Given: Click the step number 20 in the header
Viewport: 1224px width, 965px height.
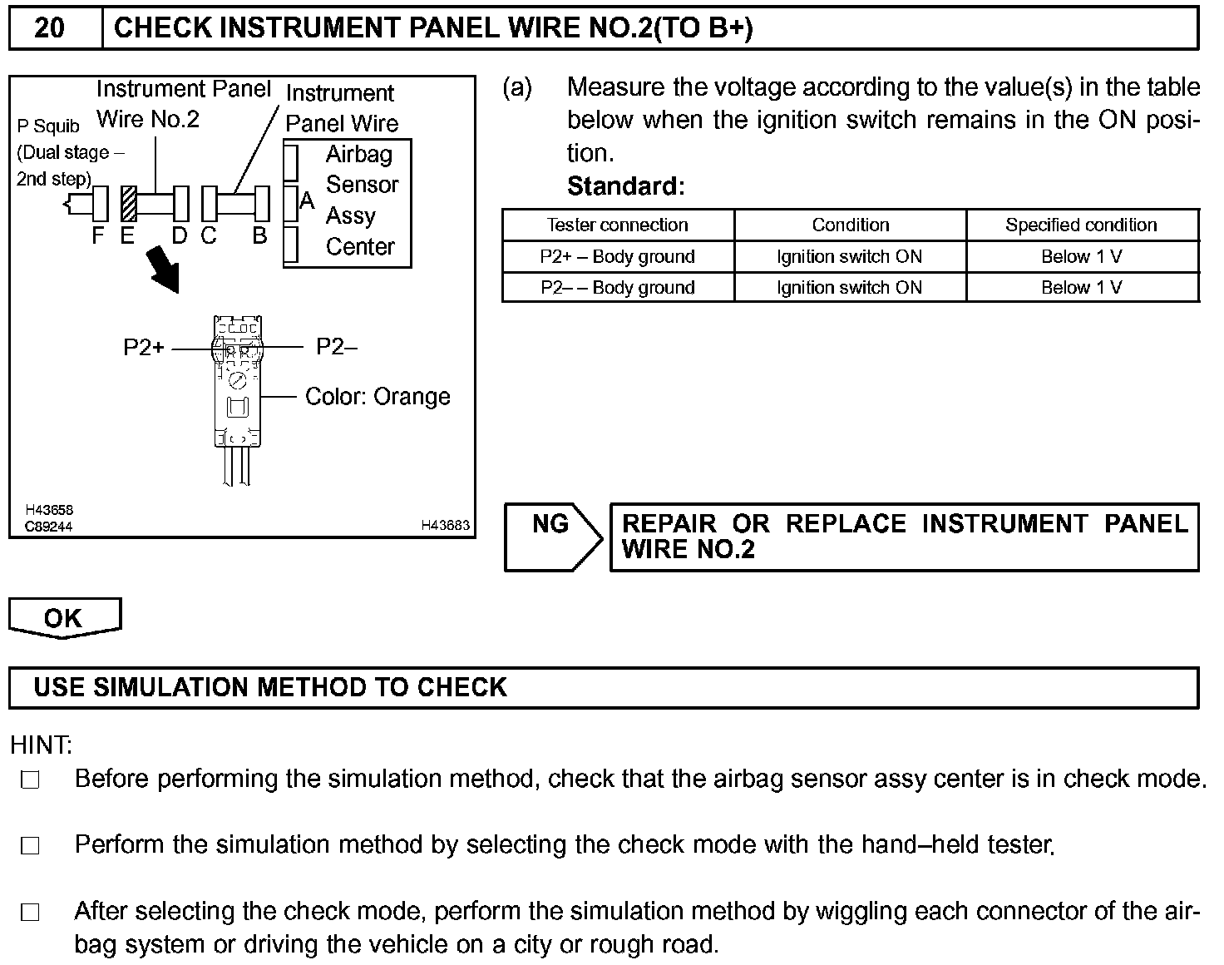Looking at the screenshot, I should click(x=50, y=28).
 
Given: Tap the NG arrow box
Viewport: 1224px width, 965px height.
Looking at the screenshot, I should click(x=552, y=537).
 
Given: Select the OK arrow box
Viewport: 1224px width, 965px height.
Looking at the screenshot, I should click(x=64, y=618).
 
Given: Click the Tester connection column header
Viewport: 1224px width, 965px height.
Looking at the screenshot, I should click(x=618, y=225).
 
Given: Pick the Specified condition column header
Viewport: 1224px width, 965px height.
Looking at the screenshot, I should click(x=1081, y=225).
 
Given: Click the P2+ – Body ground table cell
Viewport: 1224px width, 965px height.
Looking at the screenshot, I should click(x=618, y=257).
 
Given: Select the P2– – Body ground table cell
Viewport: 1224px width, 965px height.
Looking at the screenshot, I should click(x=618, y=288).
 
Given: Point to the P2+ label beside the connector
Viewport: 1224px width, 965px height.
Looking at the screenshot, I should click(x=144, y=348).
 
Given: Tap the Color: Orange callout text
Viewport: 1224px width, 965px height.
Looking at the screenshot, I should click(x=378, y=397).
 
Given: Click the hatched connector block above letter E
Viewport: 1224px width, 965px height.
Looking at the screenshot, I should click(x=129, y=203).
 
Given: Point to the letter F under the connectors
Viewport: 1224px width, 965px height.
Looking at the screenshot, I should click(x=98, y=236).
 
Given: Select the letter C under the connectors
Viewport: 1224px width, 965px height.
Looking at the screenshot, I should click(x=208, y=236).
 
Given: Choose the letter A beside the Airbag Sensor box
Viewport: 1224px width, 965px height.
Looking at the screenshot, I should click(x=307, y=201).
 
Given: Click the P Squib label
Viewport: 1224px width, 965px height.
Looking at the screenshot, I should click(x=48, y=126).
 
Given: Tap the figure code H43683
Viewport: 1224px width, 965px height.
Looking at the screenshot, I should click(x=445, y=525).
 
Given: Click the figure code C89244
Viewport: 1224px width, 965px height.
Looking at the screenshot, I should click(x=48, y=527).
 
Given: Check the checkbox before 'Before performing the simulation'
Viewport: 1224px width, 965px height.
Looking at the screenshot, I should click(x=31, y=780).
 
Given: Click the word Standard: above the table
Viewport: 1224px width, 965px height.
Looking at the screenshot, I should click(x=625, y=186).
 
